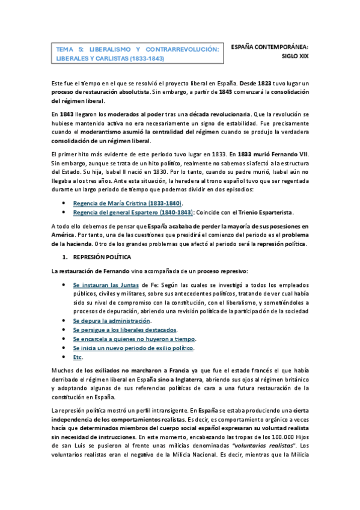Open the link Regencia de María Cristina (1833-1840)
coord(127,204)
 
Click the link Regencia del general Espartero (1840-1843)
coord(133,212)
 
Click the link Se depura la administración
coord(111,321)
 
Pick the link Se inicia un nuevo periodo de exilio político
coord(133,348)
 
